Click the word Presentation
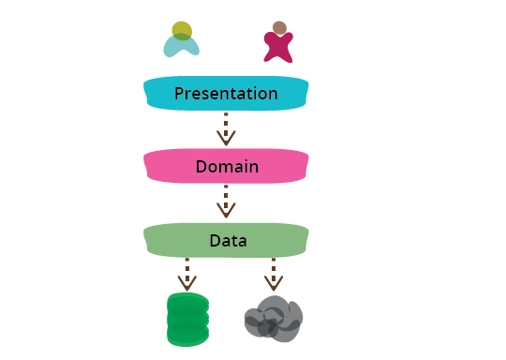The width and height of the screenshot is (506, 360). (x=226, y=94)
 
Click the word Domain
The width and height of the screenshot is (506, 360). (x=227, y=167)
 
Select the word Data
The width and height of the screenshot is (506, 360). (x=227, y=241)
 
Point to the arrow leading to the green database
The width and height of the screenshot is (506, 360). (x=186, y=273)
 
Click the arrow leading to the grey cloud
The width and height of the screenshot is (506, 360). (x=273, y=273)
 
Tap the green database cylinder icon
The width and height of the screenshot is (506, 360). (x=186, y=319)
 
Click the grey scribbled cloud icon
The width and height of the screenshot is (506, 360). (x=273, y=319)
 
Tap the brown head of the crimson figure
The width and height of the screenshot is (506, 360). (x=279, y=28)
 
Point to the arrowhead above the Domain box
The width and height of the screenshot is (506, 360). (x=226, y=139)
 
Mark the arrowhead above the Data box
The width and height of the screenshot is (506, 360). (x=226, y=211)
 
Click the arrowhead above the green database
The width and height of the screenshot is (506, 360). (x=186, y=282)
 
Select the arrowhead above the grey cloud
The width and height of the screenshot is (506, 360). (x=273, y=282)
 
